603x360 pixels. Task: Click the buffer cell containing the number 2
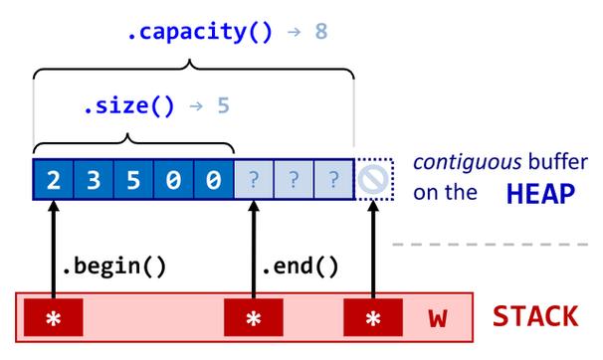[x=53, y=181]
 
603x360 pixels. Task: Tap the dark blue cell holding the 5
[x=133, y=181]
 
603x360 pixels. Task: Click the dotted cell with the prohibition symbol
[x=375, y=181]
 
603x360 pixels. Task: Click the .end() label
[x=300, y=266]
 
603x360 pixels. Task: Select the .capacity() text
[x=199, y=32]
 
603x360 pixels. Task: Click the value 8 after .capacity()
[x=320, y=32]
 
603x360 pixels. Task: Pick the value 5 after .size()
[x=223, y=104]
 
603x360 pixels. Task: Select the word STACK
[x=535, y=317]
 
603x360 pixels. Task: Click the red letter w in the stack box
[x=436, y=318]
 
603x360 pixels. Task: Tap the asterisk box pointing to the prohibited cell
[x=373, y=318]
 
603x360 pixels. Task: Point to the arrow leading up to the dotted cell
[x=373, y=249]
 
